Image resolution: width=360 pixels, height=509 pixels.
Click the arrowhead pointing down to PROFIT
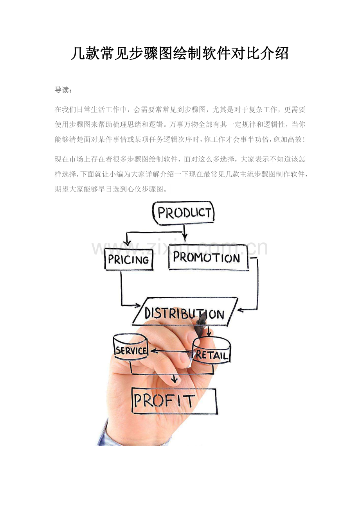pos(175,379)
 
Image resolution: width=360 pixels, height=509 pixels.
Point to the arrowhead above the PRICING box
pos(128,243)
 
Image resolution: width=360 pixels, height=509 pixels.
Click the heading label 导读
pos(62,90)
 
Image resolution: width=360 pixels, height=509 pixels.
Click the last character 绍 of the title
pos(281,54)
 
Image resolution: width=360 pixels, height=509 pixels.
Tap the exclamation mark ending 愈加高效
pos(304,139)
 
